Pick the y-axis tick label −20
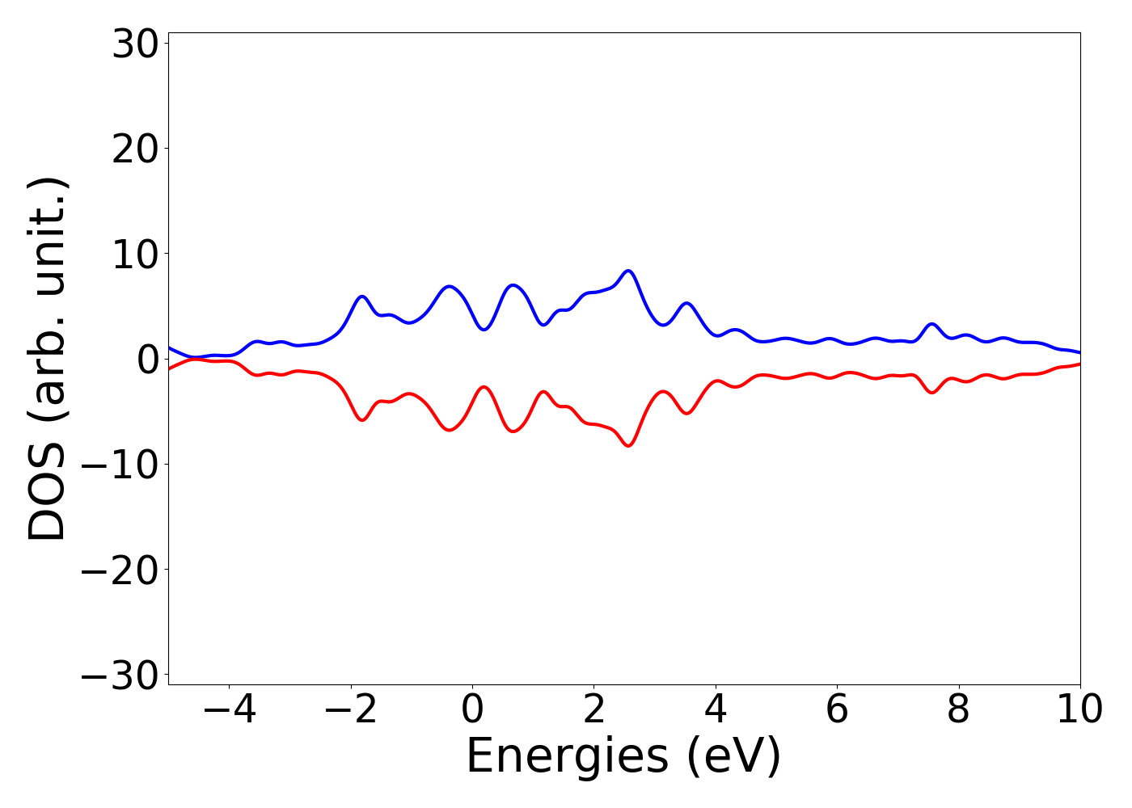(119, 570)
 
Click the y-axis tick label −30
(119, 675)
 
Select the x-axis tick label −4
(229, 709)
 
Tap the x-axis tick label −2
(350, 709)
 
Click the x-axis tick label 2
(594, 709)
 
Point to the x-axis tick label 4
(716, 709)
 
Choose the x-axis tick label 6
(837, 709)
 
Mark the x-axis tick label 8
(958, 709)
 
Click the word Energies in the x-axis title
(566, 757)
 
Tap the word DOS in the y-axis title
(46, 502)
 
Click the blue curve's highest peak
(628, 271)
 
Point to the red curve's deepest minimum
(628, 445)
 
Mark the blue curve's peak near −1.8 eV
(361, 297)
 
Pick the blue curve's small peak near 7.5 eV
(932, 324)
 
